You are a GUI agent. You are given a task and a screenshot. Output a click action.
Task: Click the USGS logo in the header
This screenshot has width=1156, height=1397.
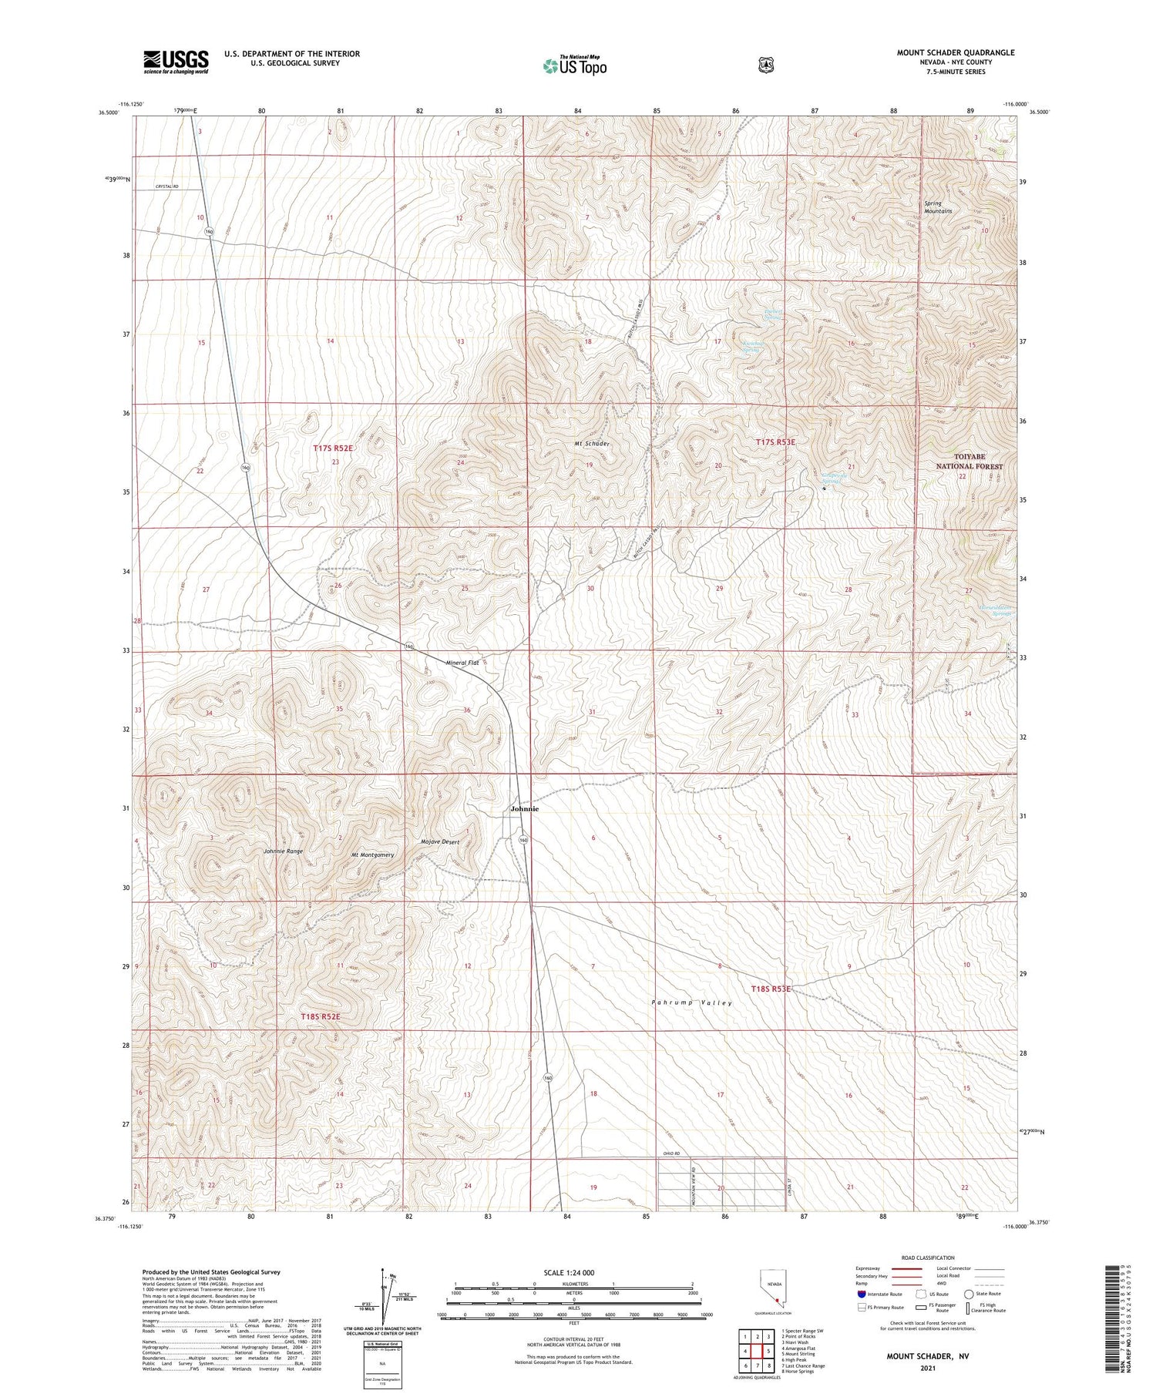pos(176,62)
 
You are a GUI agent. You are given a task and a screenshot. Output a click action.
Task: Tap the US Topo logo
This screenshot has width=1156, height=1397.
pos(574,66)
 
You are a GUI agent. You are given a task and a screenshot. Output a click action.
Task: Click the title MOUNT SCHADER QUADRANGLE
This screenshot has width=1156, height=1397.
pos(955,52)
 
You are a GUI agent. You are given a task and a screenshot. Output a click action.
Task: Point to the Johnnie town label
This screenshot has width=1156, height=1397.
pos(525,809)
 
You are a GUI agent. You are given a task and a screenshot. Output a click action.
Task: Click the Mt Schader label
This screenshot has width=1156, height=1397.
pos(591,444)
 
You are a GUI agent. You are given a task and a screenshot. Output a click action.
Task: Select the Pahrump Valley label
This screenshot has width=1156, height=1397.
pos(691,1002)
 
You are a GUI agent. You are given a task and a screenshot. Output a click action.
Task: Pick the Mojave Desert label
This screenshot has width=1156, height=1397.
pos(440,842)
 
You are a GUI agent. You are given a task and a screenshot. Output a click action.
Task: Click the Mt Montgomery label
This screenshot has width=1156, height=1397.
pos(373,855)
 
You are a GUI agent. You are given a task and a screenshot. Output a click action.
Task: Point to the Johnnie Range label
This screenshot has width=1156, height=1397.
pos(283,851)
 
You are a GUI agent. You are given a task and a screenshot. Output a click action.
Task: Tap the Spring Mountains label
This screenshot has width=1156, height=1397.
pos(938,207)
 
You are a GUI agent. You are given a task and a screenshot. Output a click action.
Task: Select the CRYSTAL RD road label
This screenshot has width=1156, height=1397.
pos(166,186)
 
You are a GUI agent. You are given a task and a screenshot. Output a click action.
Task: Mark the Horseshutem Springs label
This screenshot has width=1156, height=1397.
pos(996,610)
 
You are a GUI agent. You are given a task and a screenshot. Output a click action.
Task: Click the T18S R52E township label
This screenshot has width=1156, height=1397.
pos(320,1017)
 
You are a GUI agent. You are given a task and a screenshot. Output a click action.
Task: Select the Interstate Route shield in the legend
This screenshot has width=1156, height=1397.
pos(861,1294)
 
